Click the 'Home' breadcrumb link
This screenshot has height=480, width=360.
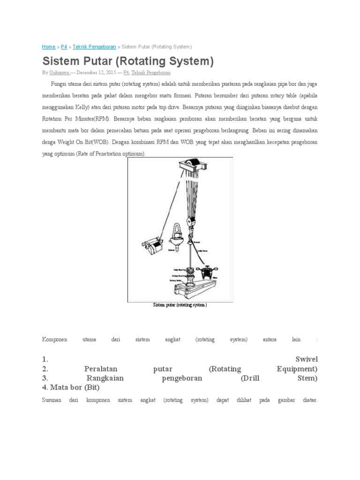(48, 47)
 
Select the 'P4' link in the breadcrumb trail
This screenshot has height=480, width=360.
(64, 47)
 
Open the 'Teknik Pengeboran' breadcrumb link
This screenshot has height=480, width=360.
(94, 47)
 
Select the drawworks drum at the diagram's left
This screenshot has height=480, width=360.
(151, 245)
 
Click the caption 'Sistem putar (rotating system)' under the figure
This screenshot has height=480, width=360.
(180, 305)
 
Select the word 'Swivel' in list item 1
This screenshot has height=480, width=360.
(306, 359)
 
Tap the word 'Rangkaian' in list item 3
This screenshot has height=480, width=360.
(105, 378)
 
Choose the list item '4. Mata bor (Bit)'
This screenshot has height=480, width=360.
(71, 388)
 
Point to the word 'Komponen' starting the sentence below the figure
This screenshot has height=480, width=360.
(54, 339)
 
